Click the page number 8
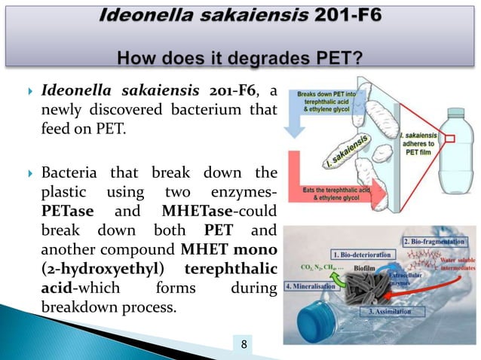click(x=244, y=346)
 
